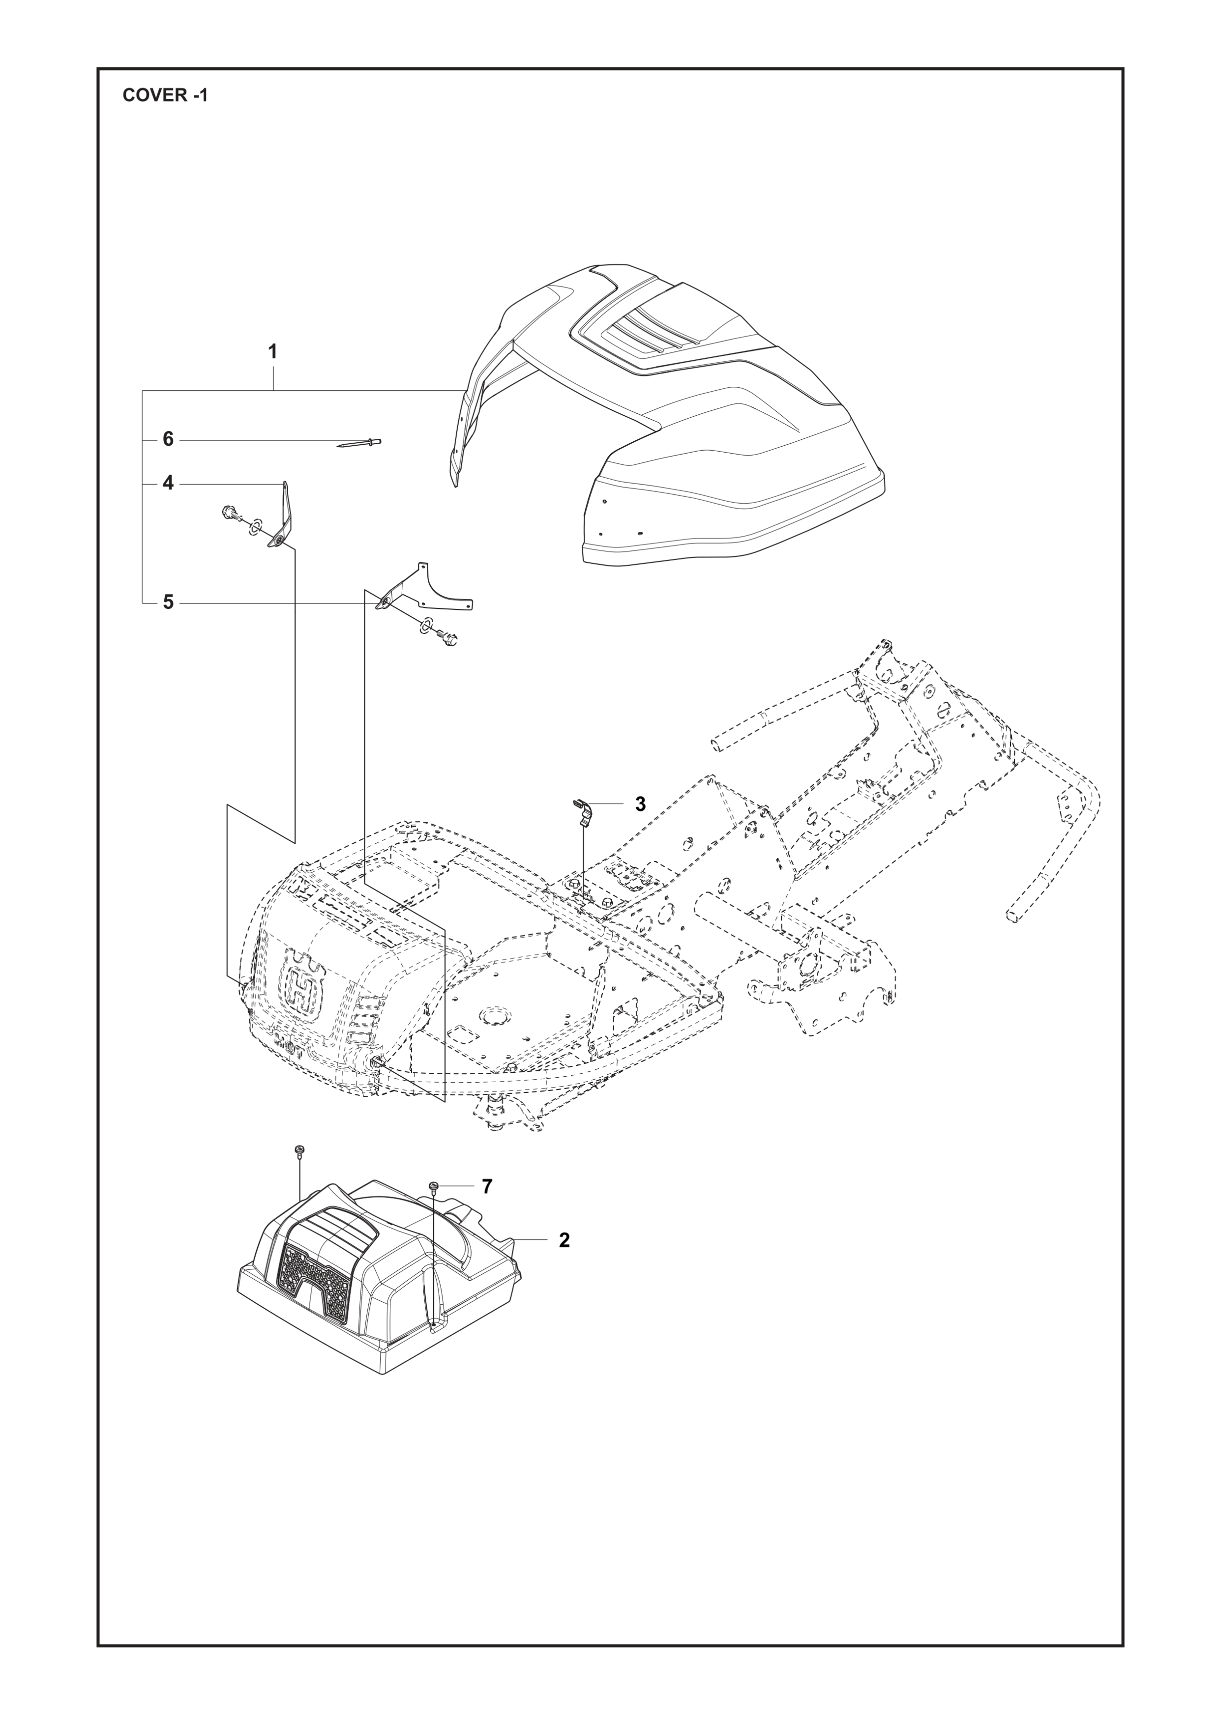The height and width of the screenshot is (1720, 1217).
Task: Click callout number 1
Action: pos(273,350)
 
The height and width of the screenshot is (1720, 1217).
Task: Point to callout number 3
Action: pos(640,804)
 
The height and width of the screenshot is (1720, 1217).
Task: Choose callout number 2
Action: pos(564,1240)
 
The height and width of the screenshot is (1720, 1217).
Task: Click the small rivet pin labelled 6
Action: pos(360,443)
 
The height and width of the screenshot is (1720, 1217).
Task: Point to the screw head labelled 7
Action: pos(434,1186)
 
